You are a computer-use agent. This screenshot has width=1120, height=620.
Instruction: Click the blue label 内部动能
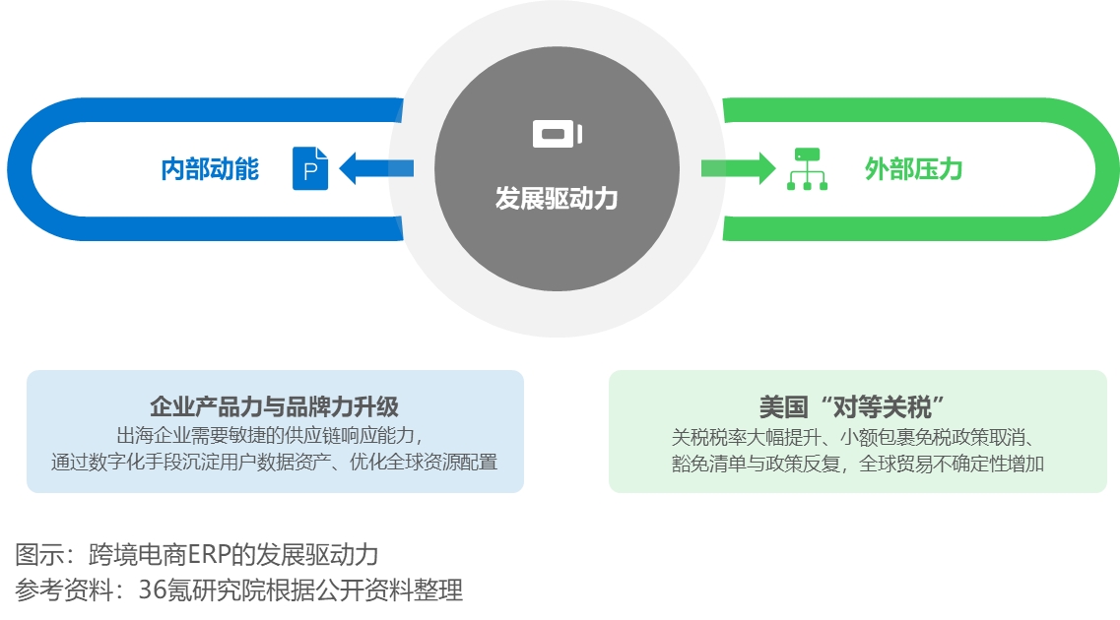210,169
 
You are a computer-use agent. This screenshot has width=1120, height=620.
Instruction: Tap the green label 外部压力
913,169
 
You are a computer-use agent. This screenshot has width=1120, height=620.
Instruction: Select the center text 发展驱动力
557,199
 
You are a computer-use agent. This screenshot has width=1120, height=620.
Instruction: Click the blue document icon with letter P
310,168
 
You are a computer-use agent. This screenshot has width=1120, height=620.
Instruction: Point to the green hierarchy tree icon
807,169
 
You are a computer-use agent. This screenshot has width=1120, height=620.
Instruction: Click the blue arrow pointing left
376,168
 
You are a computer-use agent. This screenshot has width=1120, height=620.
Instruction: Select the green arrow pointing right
739,168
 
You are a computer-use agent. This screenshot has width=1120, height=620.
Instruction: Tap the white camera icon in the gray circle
558,134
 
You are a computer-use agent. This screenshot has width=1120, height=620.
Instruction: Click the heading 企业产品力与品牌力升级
274,406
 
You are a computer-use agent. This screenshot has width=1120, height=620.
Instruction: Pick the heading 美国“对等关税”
852,407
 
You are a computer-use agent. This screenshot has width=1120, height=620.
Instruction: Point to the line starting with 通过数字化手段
274,463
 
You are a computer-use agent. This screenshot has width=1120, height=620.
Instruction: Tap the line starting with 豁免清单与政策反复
857,464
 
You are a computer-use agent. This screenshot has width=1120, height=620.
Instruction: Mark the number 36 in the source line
152,590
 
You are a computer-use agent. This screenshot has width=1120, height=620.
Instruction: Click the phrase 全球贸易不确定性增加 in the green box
952,464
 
